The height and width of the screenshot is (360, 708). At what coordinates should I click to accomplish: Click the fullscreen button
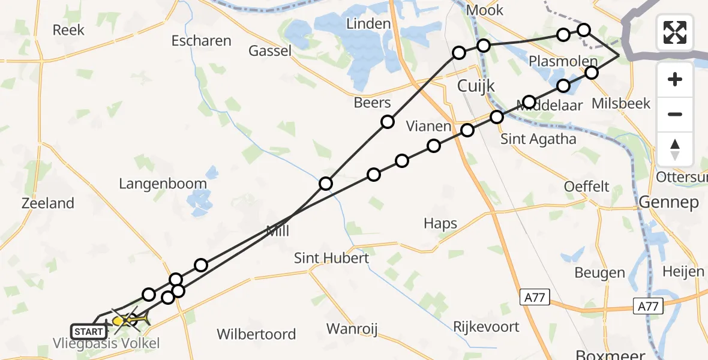tap(675, 32)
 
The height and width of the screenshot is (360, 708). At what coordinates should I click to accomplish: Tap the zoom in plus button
tap(675, 79)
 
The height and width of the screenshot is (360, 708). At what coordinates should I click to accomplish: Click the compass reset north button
tap(675, 149)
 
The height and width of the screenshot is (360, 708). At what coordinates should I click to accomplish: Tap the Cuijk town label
tap(476, 86)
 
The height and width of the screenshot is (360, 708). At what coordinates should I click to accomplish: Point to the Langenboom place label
tap(163, 184)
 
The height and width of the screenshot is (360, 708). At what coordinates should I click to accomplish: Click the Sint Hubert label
tap(331, 258)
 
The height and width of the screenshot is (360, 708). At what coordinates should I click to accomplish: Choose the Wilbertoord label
tap(256, 334)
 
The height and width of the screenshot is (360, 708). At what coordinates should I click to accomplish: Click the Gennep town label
tap(668, 202)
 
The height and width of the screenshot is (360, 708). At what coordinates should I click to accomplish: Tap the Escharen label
tap(201, 41)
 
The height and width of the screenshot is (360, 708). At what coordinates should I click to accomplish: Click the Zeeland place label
tap(48, 203)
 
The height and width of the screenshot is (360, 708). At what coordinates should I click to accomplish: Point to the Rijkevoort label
tap(487, 327)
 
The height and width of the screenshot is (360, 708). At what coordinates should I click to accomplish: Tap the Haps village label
tap(440, 224)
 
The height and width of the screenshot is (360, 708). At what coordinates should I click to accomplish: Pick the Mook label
tap(485, 10)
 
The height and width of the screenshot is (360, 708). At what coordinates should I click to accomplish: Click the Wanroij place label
tap(355, 328)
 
